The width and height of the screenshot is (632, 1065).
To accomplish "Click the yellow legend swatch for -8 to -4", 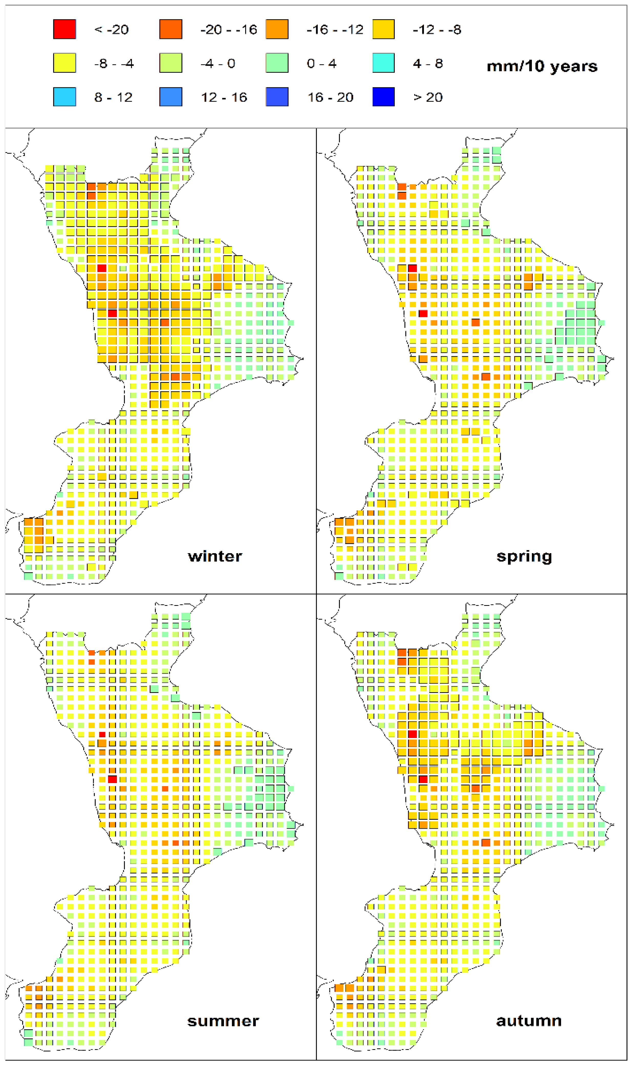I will [64, 63].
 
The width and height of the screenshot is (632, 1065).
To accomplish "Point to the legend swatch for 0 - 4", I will [277, 63].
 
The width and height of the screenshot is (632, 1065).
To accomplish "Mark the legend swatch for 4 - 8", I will [383, 63].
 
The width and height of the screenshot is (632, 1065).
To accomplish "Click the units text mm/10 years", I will [542, 66].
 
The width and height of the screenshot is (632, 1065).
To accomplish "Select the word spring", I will [524, 557].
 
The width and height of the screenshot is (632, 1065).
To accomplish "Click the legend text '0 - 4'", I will [322, 64].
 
